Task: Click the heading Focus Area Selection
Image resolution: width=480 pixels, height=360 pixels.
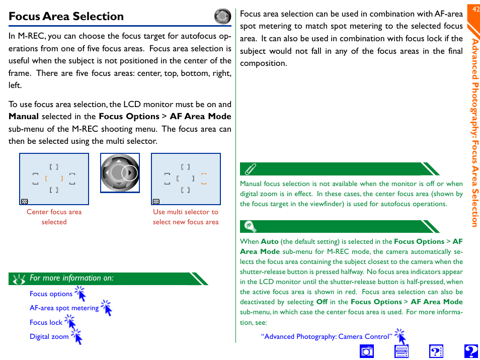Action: (66, 16)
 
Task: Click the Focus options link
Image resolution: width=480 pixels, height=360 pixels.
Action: (51, 294)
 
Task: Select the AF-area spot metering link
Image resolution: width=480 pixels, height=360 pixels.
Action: (64, 308)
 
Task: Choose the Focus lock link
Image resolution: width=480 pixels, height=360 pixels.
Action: (46, 322)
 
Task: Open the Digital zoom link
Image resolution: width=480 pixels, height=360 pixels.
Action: (49, 336)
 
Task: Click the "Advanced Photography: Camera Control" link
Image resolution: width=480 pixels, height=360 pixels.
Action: (326, 336)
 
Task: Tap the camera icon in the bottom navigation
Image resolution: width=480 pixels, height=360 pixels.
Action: (367, 351)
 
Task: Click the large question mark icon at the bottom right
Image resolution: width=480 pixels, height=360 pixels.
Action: (471, 351)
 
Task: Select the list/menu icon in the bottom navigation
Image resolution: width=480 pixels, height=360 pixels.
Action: (402, 351)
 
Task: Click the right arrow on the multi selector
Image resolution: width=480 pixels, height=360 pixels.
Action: (130, 173)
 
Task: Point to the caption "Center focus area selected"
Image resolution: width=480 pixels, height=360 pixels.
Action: (54, 217)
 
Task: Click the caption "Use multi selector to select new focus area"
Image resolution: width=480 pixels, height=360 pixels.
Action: (186, 217)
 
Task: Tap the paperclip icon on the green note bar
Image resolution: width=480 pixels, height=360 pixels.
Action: (250, 168)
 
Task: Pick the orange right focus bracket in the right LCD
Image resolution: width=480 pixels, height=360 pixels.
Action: (204, 178)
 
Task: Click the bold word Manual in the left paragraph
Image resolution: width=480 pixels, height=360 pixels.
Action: (24, 116)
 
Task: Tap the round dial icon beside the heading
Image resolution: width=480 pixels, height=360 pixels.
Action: (222, 17)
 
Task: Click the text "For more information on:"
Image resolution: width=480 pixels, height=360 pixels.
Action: (71, 278)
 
